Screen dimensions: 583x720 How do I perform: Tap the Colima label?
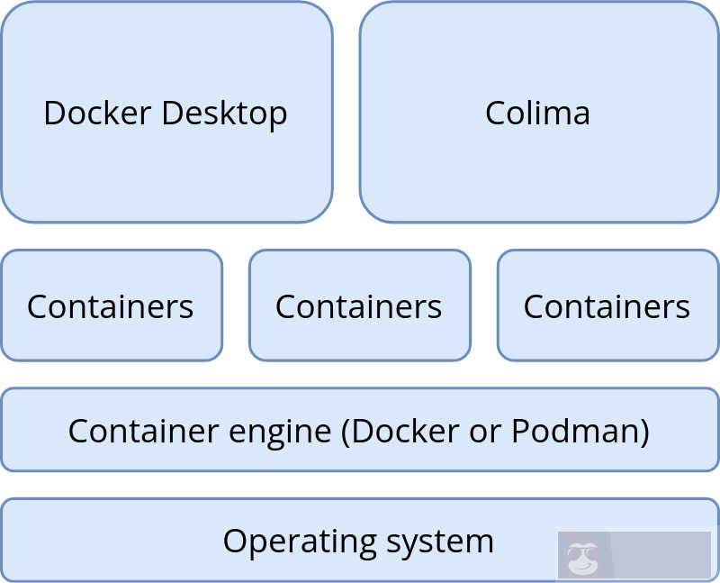[537, 113]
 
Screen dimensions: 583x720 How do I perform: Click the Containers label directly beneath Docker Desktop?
[110, 306]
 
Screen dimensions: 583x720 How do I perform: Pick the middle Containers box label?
[358, 306]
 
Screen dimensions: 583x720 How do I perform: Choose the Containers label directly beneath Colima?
[607, 306]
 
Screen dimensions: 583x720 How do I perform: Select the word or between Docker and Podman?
[486, 432]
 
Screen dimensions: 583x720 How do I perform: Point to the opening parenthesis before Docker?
[346, 432]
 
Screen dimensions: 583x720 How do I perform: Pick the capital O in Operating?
[234, 541]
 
